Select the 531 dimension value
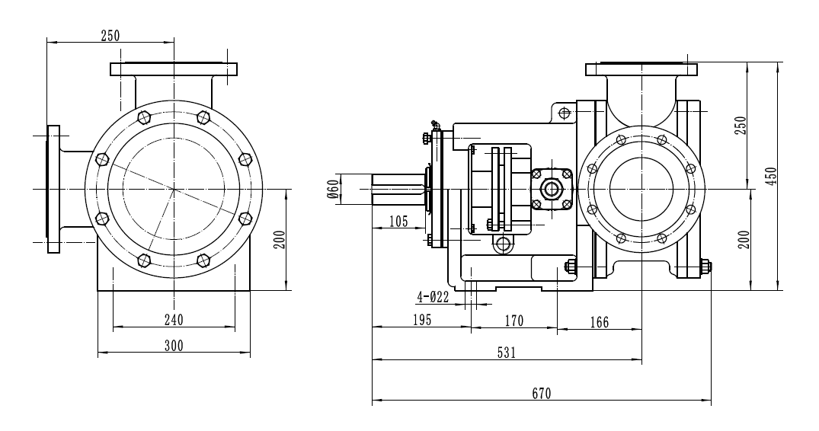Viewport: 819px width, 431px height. point(507,353)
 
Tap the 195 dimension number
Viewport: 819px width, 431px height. point(422,320)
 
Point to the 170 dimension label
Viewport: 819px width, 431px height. point(514,321)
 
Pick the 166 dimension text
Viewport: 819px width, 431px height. point(599,322)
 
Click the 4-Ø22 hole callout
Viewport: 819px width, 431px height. point(433,296)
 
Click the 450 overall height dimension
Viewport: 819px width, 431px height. point(770,177)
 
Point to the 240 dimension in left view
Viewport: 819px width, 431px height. point(174,319)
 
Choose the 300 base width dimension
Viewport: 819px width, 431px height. point(174,345)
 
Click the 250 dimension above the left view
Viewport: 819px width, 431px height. point(110,34)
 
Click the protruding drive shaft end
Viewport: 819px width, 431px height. point(396,187)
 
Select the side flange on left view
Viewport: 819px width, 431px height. point(53,188)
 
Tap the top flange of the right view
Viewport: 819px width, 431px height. point(641,70)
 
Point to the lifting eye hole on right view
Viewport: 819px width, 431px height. point(564,113)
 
